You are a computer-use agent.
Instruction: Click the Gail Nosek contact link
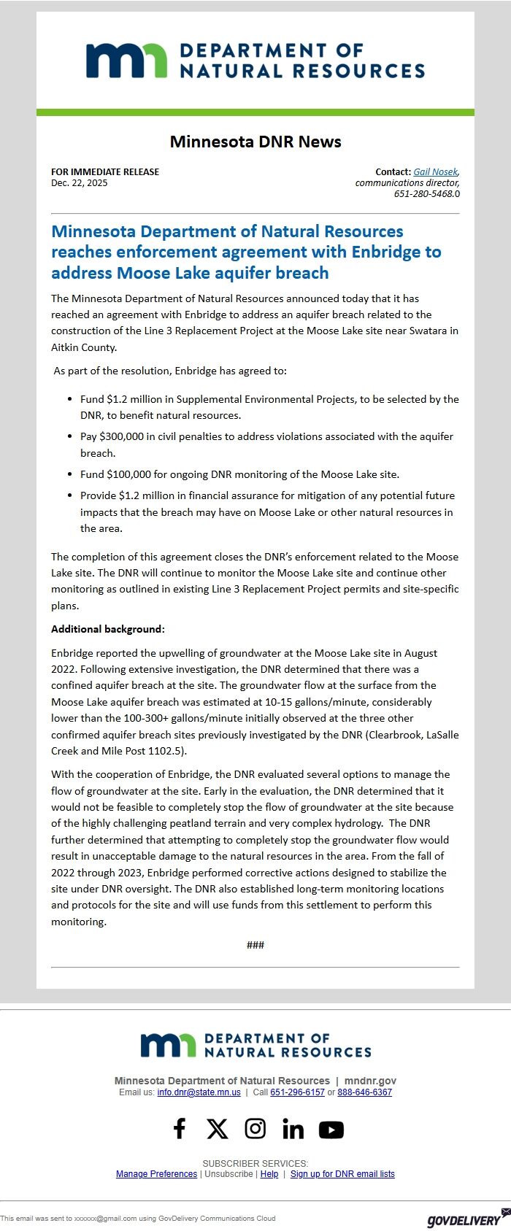[x=435, y=172]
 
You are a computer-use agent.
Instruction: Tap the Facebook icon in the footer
[x=180, y=1129]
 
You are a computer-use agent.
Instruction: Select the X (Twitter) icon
[x=217, y=1129]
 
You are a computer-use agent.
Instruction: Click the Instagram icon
[x=255, y=1129]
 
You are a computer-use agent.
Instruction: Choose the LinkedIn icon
[x=293, y=1130]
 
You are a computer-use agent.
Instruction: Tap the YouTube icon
[x=331, y=1130]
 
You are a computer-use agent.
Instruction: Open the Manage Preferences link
[x=156, y=1174]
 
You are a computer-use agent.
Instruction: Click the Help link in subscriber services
[x=269, y=1174]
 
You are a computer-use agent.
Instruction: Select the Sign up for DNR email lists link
[x=342, y=1174]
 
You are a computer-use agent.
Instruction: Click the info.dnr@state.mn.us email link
[x=199, y=1092]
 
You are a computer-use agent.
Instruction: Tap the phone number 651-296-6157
[x=297, y=1092]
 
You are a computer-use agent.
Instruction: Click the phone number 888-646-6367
[x=364, y=1092]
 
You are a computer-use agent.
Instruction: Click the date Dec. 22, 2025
[x=79, y=183]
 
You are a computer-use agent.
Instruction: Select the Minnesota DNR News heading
[x=255, y=142]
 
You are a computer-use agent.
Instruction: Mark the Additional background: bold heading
[x=108, y=629]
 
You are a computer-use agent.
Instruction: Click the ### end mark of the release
[x=255, y=945]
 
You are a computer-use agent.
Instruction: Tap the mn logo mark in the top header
[x=126, y=61]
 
